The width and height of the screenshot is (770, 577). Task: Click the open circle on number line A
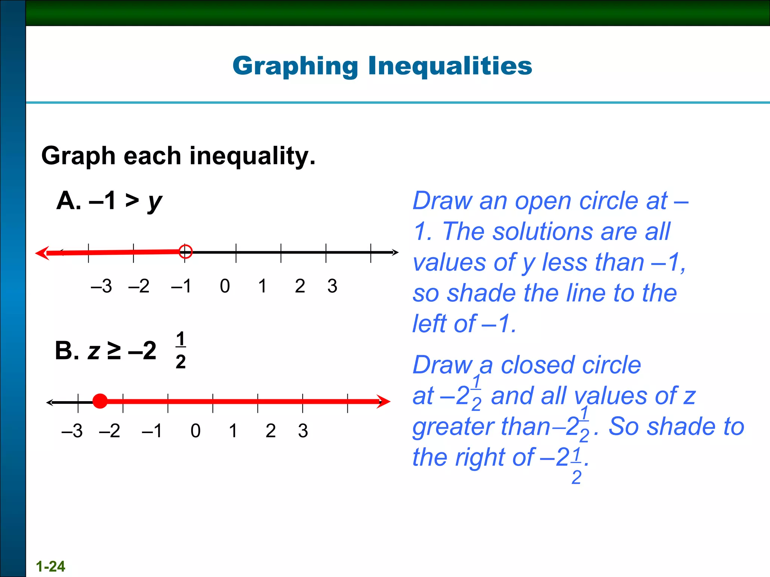[x=185, y=251]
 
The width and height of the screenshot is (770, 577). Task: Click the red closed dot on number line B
[x=100, y=401]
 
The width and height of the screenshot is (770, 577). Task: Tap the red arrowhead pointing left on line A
[x=42, y=253]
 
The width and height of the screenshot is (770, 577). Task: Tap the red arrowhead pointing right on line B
[x=383, y=402]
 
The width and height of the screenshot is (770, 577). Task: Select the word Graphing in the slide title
[x=295, y=66]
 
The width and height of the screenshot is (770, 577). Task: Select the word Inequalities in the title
[x=450, y=66]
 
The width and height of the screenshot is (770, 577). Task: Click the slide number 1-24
[x=50, y=566]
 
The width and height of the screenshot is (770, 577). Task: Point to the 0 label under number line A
[x=225, y=286]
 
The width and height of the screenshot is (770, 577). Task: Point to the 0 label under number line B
[x=196, y=431]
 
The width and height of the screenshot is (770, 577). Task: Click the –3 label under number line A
[x=101, y=286]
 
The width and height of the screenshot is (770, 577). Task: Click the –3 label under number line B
[x=72, y=431]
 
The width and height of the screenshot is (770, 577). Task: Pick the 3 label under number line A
[x=332, y=286]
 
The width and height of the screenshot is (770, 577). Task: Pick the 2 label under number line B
[x=270, y=431]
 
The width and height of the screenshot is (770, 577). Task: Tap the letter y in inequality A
[x=155, y=202]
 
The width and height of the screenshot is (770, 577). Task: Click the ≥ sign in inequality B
[x=114, y=351]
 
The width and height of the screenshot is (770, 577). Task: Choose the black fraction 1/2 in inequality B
[x=181, y=350]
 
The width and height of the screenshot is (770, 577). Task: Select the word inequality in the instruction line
[x=252, y=156]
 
